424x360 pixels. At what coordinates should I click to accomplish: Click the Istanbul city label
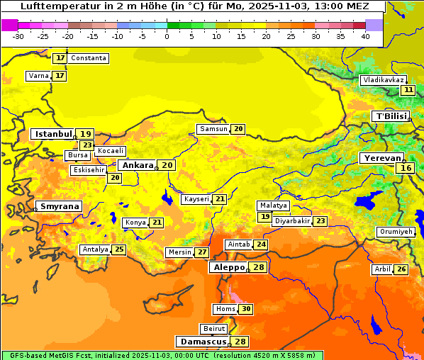[x=54, y=133]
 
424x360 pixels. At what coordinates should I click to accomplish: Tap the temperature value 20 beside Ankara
[x=167, y=165]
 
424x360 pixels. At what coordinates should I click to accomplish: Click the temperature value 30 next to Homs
[x=246, y=309]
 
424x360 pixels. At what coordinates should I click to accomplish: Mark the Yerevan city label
[x=381, y=158]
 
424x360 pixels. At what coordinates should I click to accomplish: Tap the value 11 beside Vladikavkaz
[x=408, y=90]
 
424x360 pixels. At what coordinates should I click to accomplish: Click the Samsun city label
[x=213, y=129]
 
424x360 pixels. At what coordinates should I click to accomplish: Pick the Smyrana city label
[x=60, y=206]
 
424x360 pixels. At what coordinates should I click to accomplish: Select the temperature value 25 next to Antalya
[x=119, y=249]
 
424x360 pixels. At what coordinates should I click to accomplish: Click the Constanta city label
[x=89, y=58]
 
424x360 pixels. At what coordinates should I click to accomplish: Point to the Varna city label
[x=38, y=76]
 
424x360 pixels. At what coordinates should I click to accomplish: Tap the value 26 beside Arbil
[x=401, y=269]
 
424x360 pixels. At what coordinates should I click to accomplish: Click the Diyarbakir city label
[x=292, y=221]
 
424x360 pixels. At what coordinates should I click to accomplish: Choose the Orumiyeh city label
[x=395, y=232]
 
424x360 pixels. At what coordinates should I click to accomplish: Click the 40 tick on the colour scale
[x=365, y=36]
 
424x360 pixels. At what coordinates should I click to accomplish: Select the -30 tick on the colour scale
[x=18, y=36]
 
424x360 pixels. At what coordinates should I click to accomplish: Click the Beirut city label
[x=214, y=329]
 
